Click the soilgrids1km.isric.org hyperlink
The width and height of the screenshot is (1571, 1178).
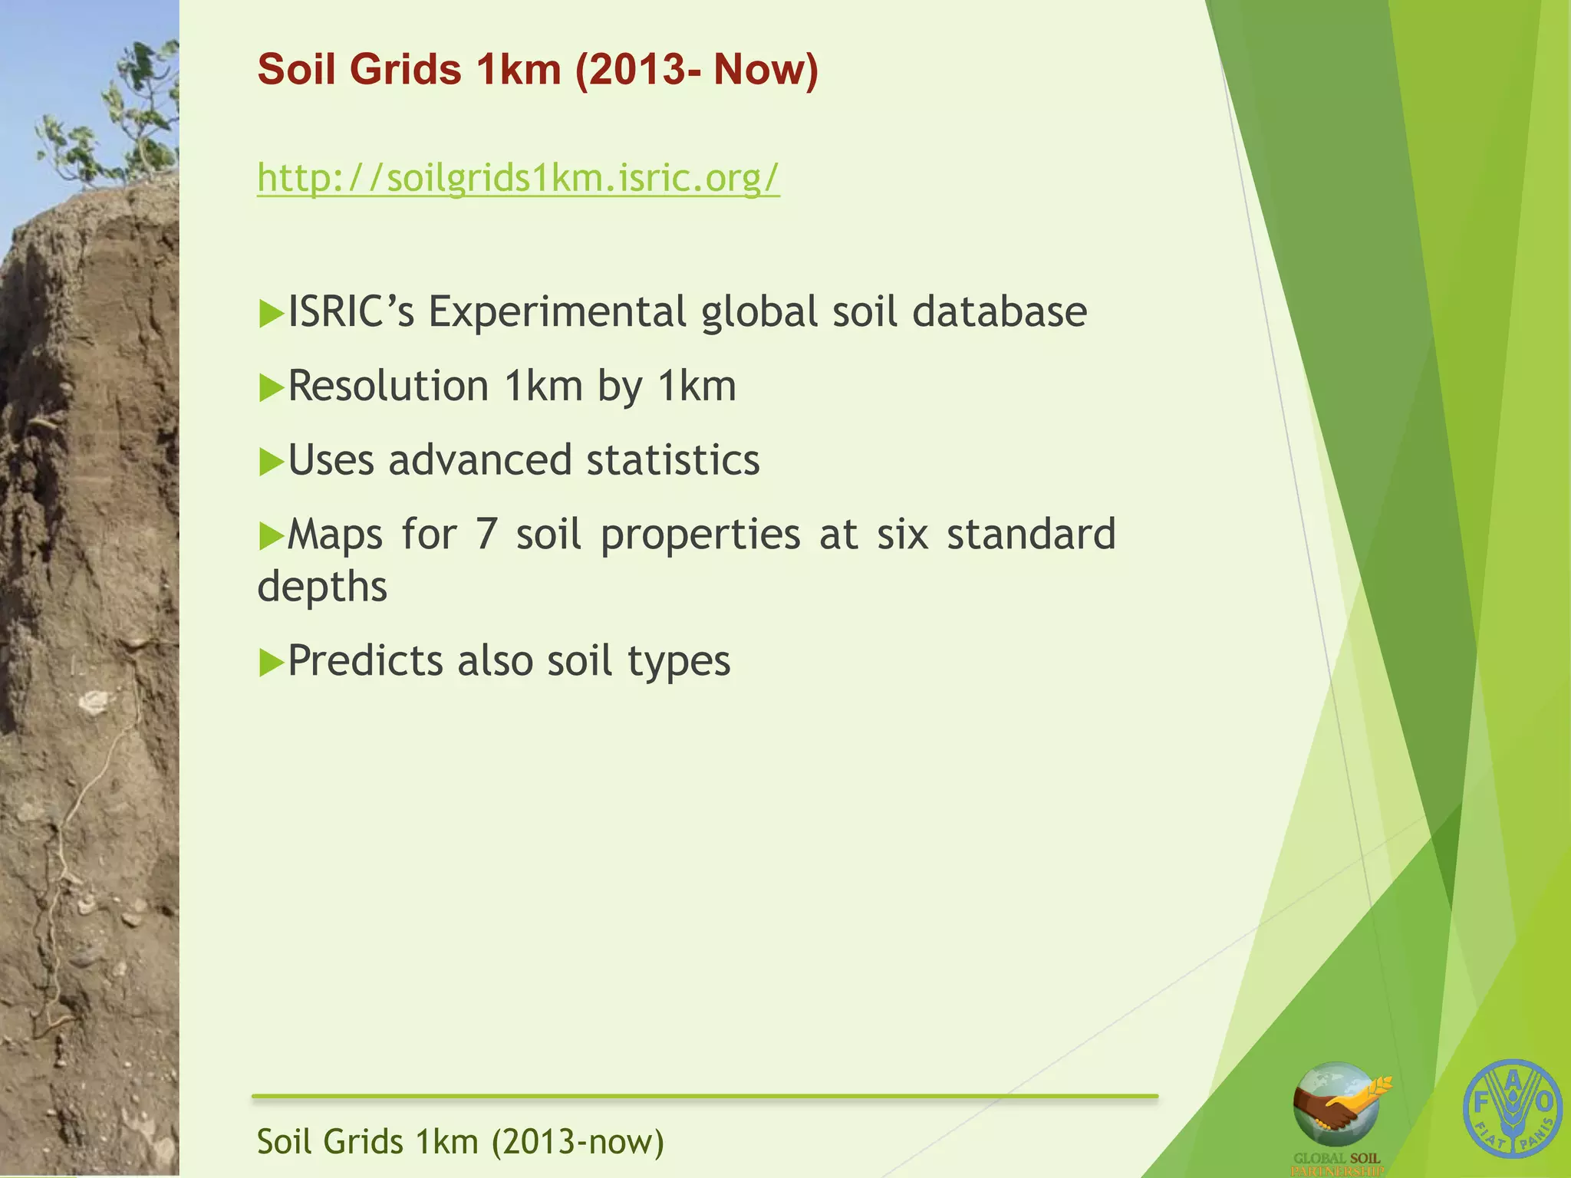[x=518, y=178]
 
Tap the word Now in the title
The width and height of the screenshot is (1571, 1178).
[x=766, y=69]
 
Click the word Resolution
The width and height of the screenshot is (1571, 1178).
[x=388, y=386]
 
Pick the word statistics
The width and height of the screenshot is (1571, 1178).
[x=673, y=460]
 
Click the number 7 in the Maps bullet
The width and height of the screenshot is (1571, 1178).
[x=486, y=535]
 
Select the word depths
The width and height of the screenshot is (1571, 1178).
[x=322, y=587]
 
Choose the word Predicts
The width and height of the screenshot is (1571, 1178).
[x=365, y=660]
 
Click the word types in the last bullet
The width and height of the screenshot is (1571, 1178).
[x=679, y=662]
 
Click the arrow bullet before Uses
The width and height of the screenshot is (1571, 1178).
[x=271, y=462]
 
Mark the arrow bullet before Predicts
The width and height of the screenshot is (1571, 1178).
[x=271, y=663]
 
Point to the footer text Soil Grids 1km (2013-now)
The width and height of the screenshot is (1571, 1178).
[x=460, y=1142]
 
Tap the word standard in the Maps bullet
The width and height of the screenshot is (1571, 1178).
[x=1030, y=535]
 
